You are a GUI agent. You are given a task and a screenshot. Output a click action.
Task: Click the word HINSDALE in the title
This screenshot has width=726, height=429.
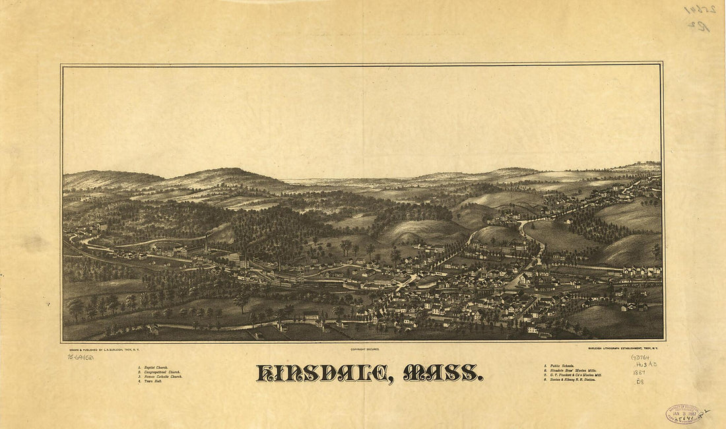(321, 374)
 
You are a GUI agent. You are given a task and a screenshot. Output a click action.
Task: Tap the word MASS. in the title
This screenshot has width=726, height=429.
(442, 374)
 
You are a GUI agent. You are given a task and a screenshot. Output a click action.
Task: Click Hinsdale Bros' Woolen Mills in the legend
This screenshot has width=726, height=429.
(572, 371)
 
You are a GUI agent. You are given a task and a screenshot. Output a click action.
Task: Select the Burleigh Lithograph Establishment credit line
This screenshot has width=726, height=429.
(624, 347)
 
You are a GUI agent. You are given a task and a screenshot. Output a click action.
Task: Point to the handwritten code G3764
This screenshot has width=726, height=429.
(640, 358)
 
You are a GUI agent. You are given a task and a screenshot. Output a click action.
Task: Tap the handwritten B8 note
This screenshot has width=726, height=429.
(640, 381)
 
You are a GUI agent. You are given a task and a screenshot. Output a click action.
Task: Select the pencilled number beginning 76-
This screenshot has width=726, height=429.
(80, 357)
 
